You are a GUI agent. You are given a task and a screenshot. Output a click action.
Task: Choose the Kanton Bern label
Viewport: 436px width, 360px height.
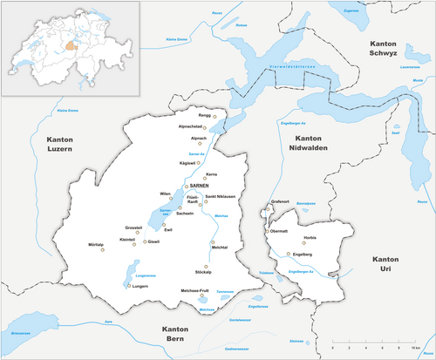coord(181,334)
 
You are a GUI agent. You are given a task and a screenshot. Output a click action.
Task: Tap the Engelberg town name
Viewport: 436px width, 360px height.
coord(302,255)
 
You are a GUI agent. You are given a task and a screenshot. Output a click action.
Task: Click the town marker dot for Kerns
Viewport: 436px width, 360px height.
coord(205,179)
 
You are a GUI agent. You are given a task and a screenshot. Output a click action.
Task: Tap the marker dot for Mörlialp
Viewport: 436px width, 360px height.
coord(104,249)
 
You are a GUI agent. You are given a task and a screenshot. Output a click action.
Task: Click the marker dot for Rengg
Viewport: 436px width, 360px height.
coord(215,115)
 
